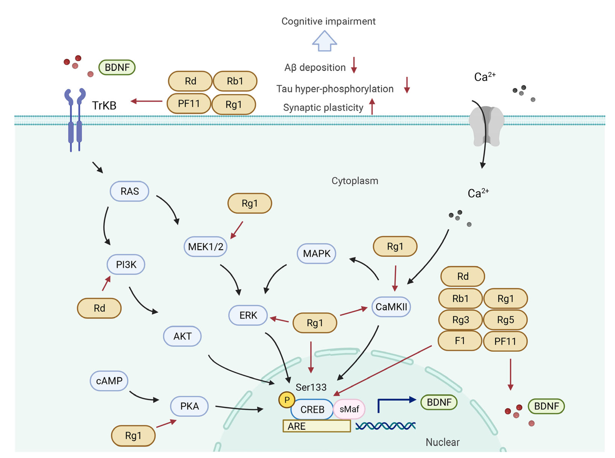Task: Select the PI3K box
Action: click(x=126, y=264)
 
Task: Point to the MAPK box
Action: click(x=316, y=253)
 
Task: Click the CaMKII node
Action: click(x=391, y=307)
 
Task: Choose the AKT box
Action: click(x=182, y=336)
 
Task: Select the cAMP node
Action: click(x=109, y=381)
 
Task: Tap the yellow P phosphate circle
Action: click(x=287, y=400)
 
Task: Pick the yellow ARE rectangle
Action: click(x=316, y=426)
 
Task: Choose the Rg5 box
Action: click(x=505, y=320)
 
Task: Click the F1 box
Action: click(x=460, y=341)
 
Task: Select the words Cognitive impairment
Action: click(x=328, y=21)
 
